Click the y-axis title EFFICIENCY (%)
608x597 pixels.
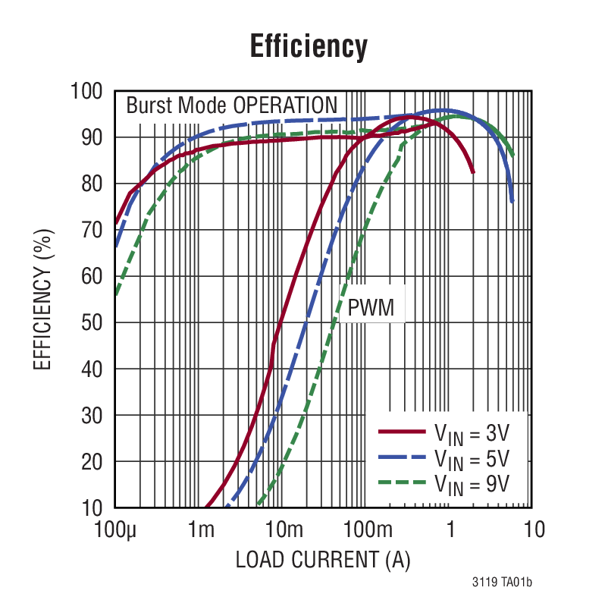pos(43,299)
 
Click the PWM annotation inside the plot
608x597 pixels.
pos(371,308)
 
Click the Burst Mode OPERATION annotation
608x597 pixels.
pos(231,105)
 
